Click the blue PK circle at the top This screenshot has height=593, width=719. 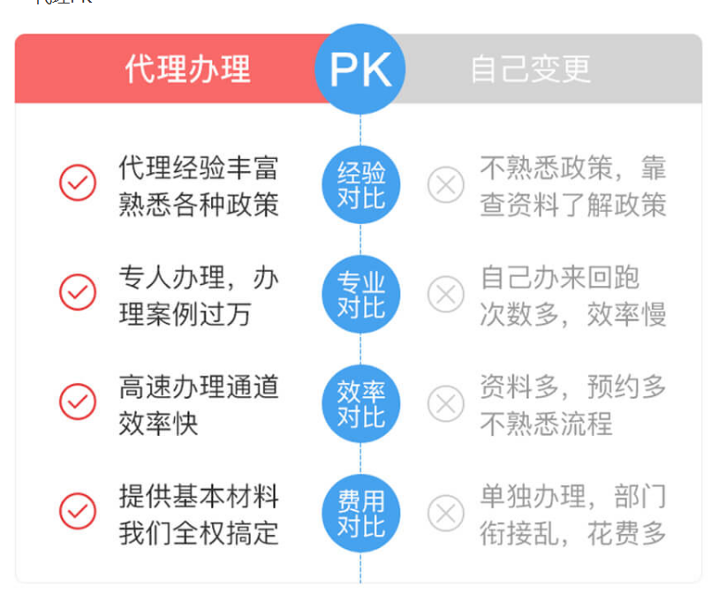360,69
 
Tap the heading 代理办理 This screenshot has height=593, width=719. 187,69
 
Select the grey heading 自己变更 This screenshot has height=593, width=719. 530,69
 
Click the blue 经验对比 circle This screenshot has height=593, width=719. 360,184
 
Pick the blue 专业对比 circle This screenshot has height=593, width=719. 360,294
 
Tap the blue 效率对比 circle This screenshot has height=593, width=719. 360,403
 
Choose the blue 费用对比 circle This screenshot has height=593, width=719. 360,513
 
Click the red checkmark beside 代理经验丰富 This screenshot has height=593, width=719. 78,183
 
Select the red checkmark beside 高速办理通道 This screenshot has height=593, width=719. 78,402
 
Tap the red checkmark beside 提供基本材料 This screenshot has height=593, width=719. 78,511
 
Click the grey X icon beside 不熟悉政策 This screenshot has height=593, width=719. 446,185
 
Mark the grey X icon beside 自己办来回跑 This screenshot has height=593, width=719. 446,294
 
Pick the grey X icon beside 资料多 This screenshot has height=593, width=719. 446,403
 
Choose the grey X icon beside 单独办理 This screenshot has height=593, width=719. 446,513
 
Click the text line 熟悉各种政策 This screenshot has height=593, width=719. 199,204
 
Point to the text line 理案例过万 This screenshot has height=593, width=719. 185,314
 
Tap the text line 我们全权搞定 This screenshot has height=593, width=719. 199,533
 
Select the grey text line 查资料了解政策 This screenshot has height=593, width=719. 572,204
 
